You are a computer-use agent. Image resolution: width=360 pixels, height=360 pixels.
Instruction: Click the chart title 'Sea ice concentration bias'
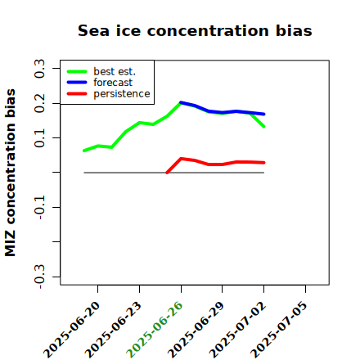195,30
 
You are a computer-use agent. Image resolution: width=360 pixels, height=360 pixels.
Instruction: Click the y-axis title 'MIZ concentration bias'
11,173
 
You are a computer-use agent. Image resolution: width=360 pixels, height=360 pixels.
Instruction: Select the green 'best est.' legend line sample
77,71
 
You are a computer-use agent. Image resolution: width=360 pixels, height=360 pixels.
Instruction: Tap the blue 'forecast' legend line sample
77,83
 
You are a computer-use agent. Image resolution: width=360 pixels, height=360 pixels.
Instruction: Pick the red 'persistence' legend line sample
77,94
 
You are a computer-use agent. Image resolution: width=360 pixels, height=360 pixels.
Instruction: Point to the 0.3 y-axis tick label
39,69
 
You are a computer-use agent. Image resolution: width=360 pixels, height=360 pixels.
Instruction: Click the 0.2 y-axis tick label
39,103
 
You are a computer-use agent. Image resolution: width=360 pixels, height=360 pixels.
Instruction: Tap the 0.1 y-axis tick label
39,138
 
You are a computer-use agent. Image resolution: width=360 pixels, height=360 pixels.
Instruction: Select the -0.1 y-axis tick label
39,207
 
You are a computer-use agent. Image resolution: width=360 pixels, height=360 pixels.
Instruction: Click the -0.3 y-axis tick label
39,277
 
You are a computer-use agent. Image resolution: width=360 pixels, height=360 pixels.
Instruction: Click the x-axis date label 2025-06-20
71,330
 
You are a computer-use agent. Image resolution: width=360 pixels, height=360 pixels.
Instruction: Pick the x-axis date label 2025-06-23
113,330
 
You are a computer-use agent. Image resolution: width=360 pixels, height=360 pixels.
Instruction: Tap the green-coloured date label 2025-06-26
155,330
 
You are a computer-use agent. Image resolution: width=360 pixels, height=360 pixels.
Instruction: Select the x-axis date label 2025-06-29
196,330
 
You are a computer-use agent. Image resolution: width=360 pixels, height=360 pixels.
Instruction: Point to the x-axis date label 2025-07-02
237,330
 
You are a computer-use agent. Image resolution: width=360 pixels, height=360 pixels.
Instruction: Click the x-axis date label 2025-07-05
279,330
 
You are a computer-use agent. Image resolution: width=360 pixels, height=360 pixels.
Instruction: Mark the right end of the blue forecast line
264,114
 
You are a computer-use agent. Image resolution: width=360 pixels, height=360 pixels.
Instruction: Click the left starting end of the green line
84,151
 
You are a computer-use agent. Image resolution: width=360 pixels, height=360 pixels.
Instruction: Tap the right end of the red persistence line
264,163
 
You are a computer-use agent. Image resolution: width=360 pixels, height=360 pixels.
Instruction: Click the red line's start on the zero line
167,173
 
